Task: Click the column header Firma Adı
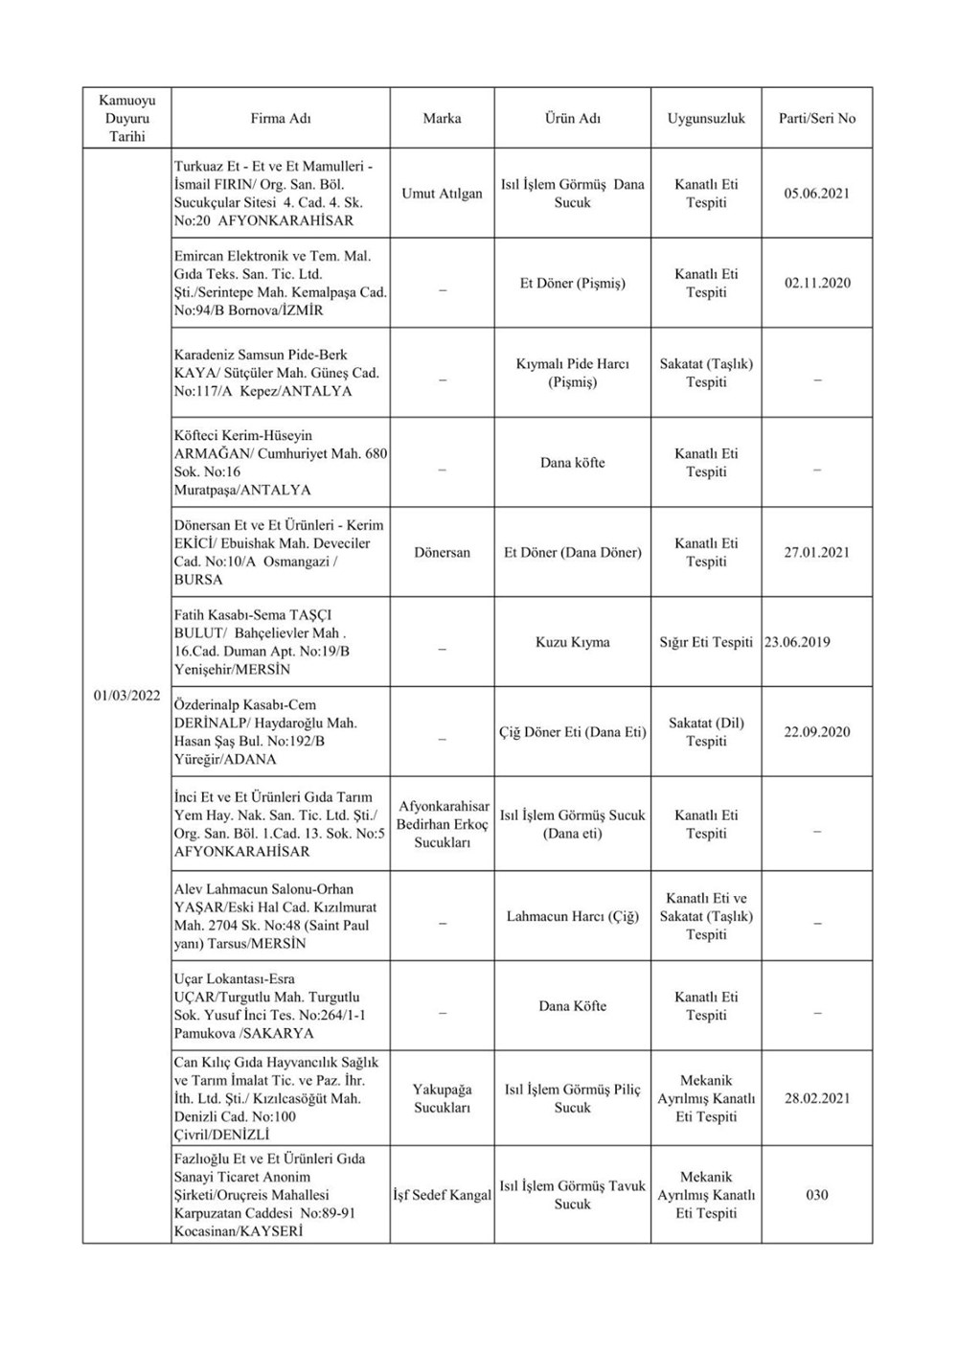click(281, 119)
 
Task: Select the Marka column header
click(442, 119)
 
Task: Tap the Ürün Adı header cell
click(572, 119)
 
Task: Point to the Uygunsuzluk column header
click(706, 119)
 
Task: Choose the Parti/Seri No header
click(817, 119)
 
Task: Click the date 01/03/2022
click(126, 696)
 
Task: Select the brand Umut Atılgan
click(442, 194)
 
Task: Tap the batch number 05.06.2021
click(817, 194)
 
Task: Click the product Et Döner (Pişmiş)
click(572, 284)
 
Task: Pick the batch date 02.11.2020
click(817, 284)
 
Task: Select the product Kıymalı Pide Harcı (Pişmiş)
click(572, 373)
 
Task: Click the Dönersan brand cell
click(442, 553)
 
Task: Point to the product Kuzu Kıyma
click(572, 642)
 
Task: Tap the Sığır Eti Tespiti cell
click(706, 642)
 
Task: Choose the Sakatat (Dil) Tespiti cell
click(706, 732)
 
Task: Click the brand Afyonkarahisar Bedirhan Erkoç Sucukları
click(442, 824)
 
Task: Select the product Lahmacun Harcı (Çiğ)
click(572, 917)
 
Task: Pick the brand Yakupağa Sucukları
click(442, 1099)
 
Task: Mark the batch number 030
click(817, 1195)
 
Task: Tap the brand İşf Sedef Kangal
click(442, 1195)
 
